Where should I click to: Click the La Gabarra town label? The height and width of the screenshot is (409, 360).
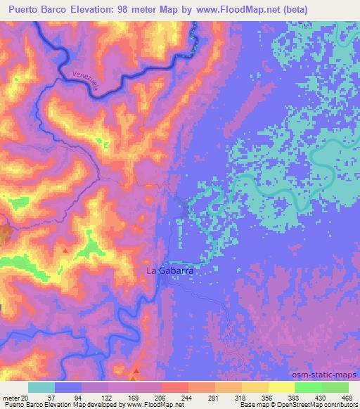point(169,270)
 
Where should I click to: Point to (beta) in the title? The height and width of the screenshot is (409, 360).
point(333,9)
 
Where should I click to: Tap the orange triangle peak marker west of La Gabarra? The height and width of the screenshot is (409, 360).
point(65,250)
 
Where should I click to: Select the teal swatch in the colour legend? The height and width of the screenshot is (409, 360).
point(41,387)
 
